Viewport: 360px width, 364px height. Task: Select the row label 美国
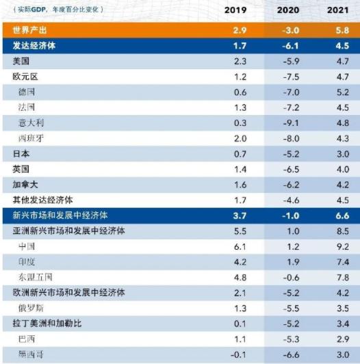point(21,62)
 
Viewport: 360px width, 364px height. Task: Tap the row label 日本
point(21,153)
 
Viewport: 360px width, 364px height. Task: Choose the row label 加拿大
point(26,184)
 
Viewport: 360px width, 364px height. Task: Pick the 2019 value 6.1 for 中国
point(240,246)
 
